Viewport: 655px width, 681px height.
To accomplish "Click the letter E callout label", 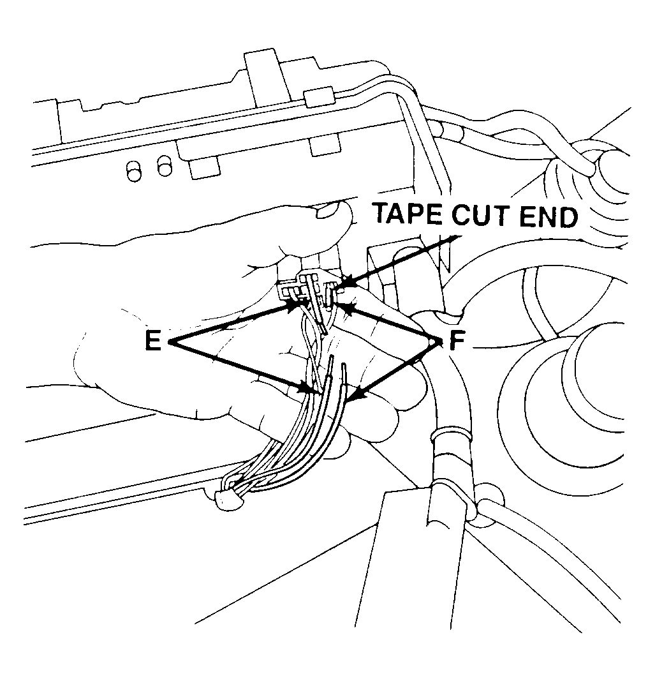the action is (x=153, y=341).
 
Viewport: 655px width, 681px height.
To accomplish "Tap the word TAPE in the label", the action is (x=408, y=214).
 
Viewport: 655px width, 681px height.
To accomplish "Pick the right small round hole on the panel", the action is (x=165, y=165).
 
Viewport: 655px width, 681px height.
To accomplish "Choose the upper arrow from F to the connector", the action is (x=389, y=323).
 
